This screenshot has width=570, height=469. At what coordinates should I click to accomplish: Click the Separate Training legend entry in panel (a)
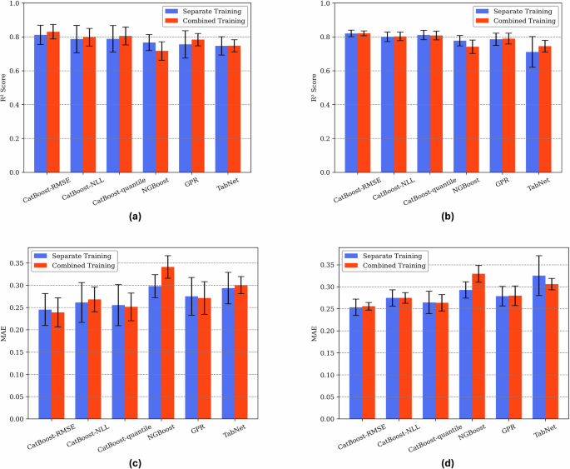(x=220, y=12)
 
